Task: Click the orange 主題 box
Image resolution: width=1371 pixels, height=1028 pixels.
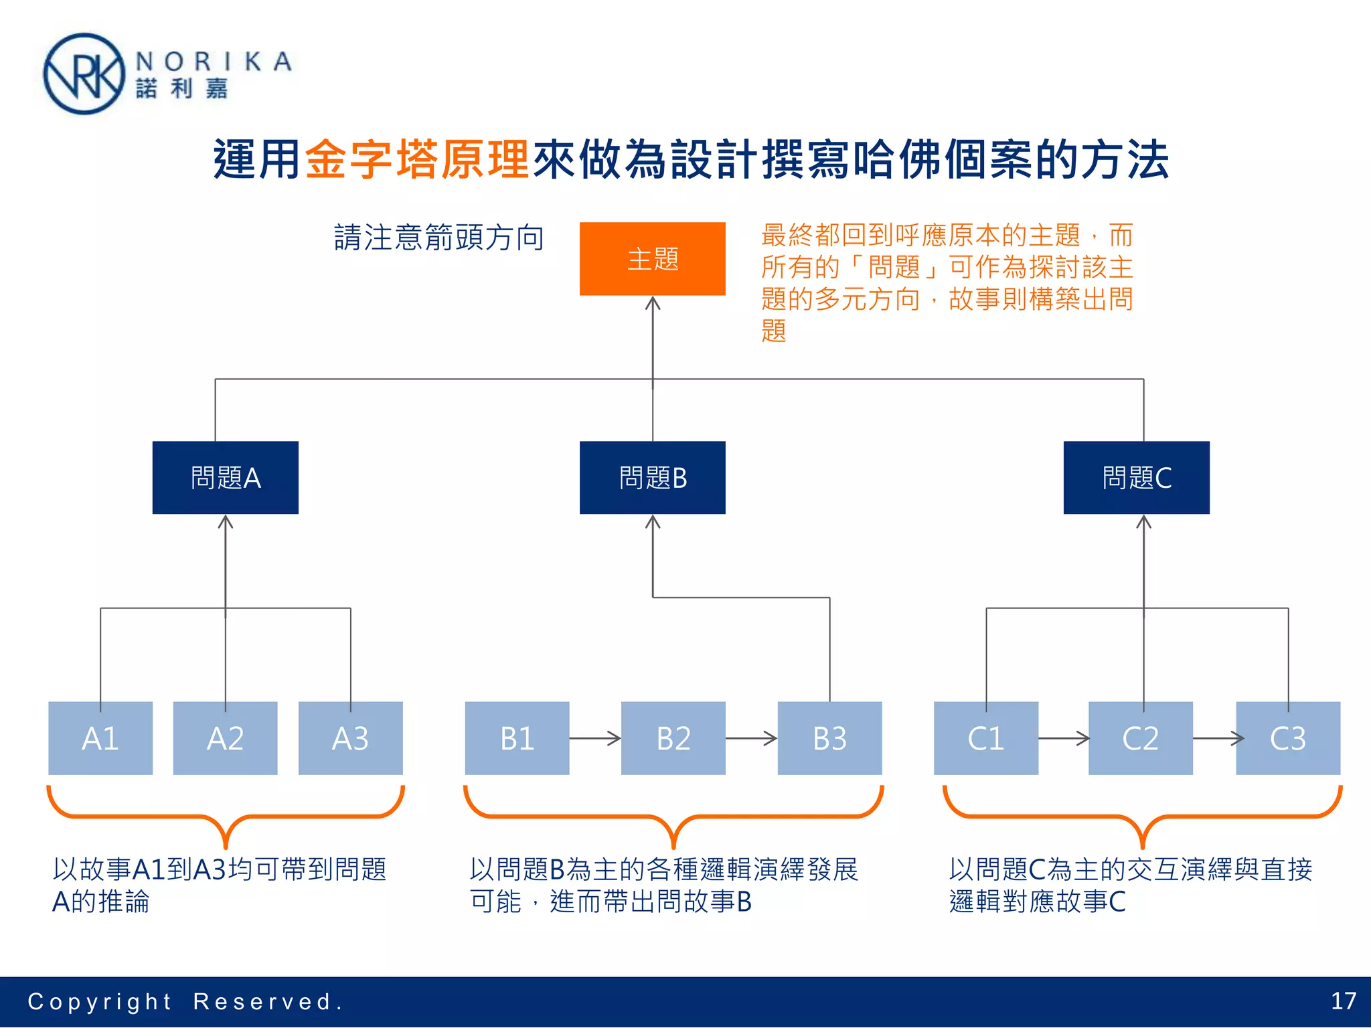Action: click(x=652, y=258)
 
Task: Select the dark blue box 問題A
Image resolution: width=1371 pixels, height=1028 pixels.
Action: click(x=225, y=477)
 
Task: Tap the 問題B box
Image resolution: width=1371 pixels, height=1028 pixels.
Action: click(x=652, y=477)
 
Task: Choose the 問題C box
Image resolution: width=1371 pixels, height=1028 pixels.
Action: click(x=1136, y=477)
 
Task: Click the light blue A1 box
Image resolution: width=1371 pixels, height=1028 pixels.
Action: click(x=100, y=738)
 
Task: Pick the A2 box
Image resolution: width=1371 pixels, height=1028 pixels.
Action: click(x=225, y=738)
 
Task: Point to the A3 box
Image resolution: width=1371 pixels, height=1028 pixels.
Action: click(x=350, y=738)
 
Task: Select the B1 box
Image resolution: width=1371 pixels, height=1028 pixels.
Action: click(x=517, y=738)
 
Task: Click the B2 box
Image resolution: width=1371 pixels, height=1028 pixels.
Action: click(x=673, y=738)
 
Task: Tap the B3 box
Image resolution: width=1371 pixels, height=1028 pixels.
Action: click(x=829, y=738)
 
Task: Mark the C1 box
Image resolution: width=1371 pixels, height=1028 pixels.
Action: click(x=985, y=738)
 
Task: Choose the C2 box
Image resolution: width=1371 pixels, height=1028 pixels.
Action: click(x=1140, y=738)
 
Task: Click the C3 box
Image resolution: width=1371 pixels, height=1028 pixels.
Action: click(x=1287, y=738)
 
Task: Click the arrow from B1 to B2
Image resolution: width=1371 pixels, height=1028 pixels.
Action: click(x=595, y=738)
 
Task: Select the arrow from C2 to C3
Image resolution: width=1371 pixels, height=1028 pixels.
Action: click(x=1218, y=738)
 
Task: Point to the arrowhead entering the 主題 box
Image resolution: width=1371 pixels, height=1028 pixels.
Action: click(x=653, y=303)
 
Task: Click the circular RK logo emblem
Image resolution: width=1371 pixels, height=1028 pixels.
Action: click(x=84, y=74)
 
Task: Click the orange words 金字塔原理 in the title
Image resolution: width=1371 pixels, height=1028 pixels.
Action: click(x=418, y=160)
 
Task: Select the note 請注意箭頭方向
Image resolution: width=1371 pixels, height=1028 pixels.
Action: click(x=438, y=238)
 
